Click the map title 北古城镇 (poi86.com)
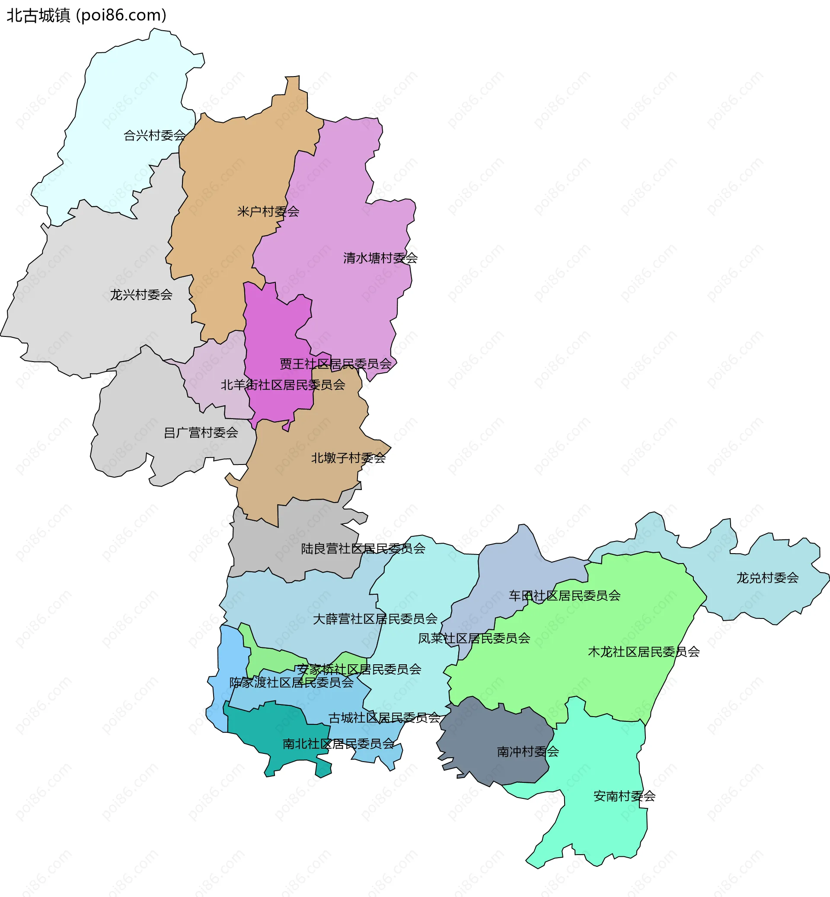pyautogui.click(x=86, y=15)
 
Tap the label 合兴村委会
pyautogui.click(x=154, y=135)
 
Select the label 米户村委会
pyautogui.click(x=268, y=211)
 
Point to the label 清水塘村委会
pyautogui.click(x=380, y=258)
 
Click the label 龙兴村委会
pyautogui.click(x=141, y=295)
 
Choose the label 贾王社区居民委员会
pyautogui.click(x=335, y=364)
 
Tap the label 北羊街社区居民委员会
pyautogui.click(x=283, y=384)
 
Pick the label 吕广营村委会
pyautogui.click(x=200, y=432)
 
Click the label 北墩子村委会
pyautogui.click(x=348, y=458)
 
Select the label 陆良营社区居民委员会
pyautogui.click(x=363, y=549)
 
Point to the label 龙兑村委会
pyautogui.click(x=767, y=578)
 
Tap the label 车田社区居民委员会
pyautogui.click(x=564, y=596)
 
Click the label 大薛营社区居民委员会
pyautogui.click(x=375, y=619)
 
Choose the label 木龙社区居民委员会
pyautogui.click(x=644, y=652)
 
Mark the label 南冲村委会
pyautogui.click(x=528, y=751)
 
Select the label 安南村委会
pyautogui.click(x=624, y=796)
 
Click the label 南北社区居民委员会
pyautogui.click(x=338, y=744)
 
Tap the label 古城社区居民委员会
pyautogui.click(x=384, y=718)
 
